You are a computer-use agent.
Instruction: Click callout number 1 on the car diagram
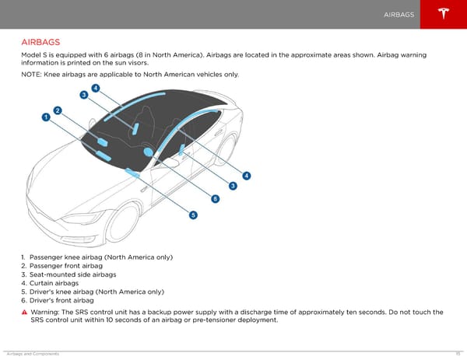click(x=46, y=116)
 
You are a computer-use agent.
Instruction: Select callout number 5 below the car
click(x=193, y=215)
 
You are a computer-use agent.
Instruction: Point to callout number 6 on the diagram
click(x=215, y=199)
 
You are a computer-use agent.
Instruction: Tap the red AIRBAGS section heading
click(x=41, y=41)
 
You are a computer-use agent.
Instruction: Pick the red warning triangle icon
click(x=25, y=313)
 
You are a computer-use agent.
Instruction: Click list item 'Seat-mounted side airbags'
click(x=72, y=274)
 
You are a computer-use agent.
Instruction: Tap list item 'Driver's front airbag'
click(x=62, y=300)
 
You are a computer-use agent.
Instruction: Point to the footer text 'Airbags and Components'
click(x=30, y=354)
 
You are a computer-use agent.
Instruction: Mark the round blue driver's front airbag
click(x=148, y=152)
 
